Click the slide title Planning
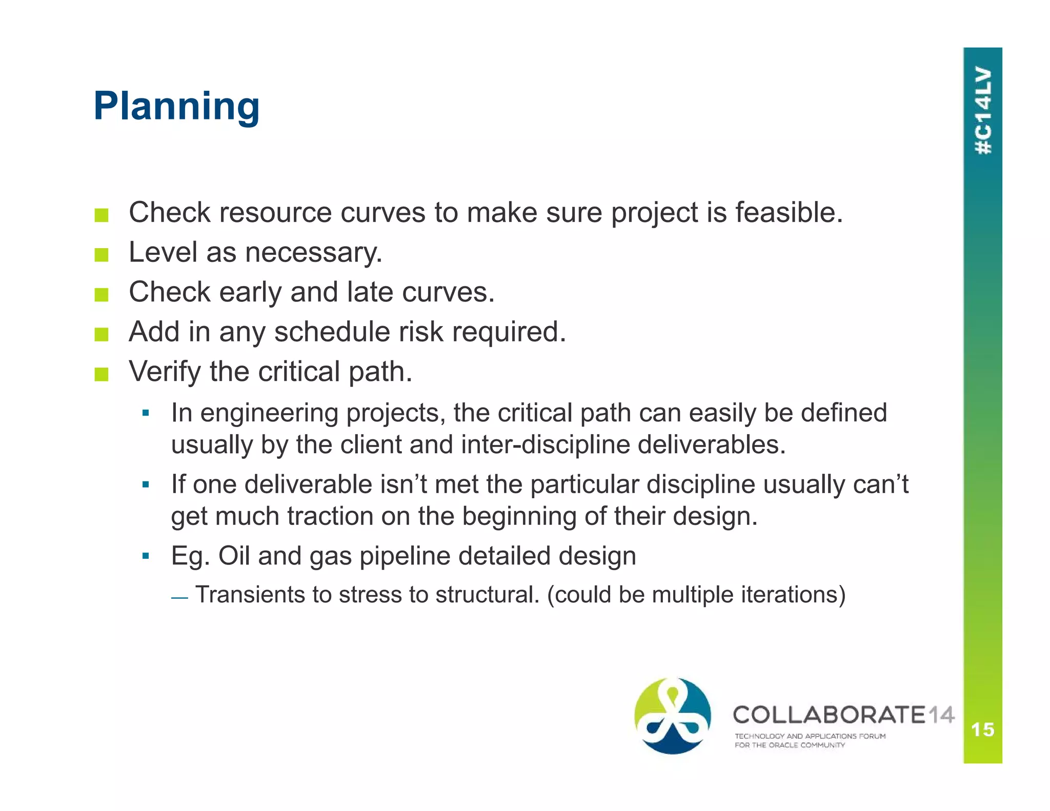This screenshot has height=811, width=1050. tap(176, 106)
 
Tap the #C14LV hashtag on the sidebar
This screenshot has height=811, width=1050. tap(983, 110)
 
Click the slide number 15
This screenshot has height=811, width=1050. tap(982, 729)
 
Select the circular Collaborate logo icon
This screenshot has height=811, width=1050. tap(673, 716)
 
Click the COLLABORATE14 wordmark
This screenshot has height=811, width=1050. tap(843, 715)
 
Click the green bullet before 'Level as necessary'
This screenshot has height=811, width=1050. tap(102, 255)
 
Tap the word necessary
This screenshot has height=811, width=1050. tap(313, 253)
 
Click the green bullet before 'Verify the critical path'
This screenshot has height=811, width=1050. tap(102, 374)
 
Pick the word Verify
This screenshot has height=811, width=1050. tap(164, 372)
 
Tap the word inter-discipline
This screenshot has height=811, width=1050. tap(545, 444)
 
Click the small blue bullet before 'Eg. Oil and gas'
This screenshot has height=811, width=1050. tap(146, 556)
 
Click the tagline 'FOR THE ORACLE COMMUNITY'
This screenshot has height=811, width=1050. tap(789, 745)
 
